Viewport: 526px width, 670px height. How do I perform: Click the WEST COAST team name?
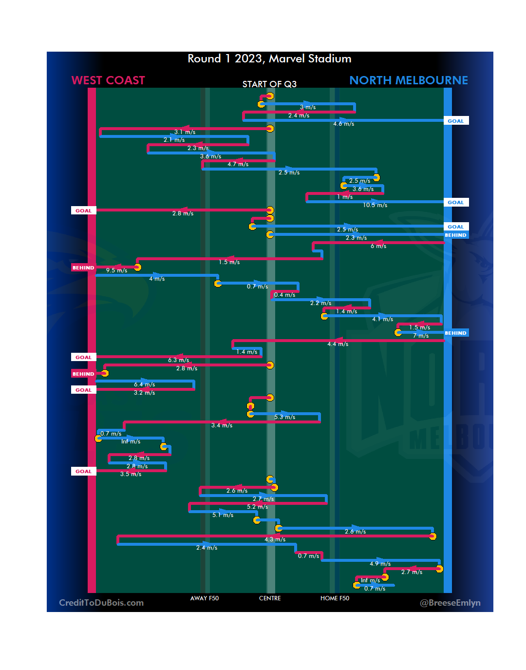(108, 80)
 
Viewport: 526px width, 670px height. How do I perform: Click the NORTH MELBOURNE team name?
(409, 80)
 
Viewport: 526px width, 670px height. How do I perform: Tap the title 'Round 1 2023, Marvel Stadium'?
(269, 59)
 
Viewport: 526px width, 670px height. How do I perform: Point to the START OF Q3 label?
(269, 84)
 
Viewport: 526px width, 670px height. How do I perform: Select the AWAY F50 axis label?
(205, 598)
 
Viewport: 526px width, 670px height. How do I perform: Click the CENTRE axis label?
(270, 598)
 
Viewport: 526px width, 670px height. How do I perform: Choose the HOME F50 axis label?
(335, 598)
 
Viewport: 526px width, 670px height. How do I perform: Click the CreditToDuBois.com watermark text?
(101, 603)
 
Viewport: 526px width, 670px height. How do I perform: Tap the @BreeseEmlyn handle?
(450, 603)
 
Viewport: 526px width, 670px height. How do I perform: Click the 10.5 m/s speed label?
(375, 206)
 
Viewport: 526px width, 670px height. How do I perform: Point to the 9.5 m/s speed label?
(116, 270)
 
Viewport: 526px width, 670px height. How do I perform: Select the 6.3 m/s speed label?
(178, 360)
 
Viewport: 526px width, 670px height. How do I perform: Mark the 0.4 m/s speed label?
(284, 295)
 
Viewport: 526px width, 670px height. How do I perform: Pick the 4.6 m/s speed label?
(343, 124)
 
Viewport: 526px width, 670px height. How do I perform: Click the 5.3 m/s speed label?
(284, 417)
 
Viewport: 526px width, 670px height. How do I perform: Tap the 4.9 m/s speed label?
(380, 564)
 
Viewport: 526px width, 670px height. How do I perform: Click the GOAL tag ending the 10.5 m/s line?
(456, 203)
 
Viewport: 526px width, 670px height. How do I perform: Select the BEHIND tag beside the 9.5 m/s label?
(83, 268)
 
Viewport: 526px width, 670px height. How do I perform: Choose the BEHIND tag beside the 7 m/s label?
(455, 333)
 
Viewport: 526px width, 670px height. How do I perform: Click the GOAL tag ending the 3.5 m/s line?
(83, 472)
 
